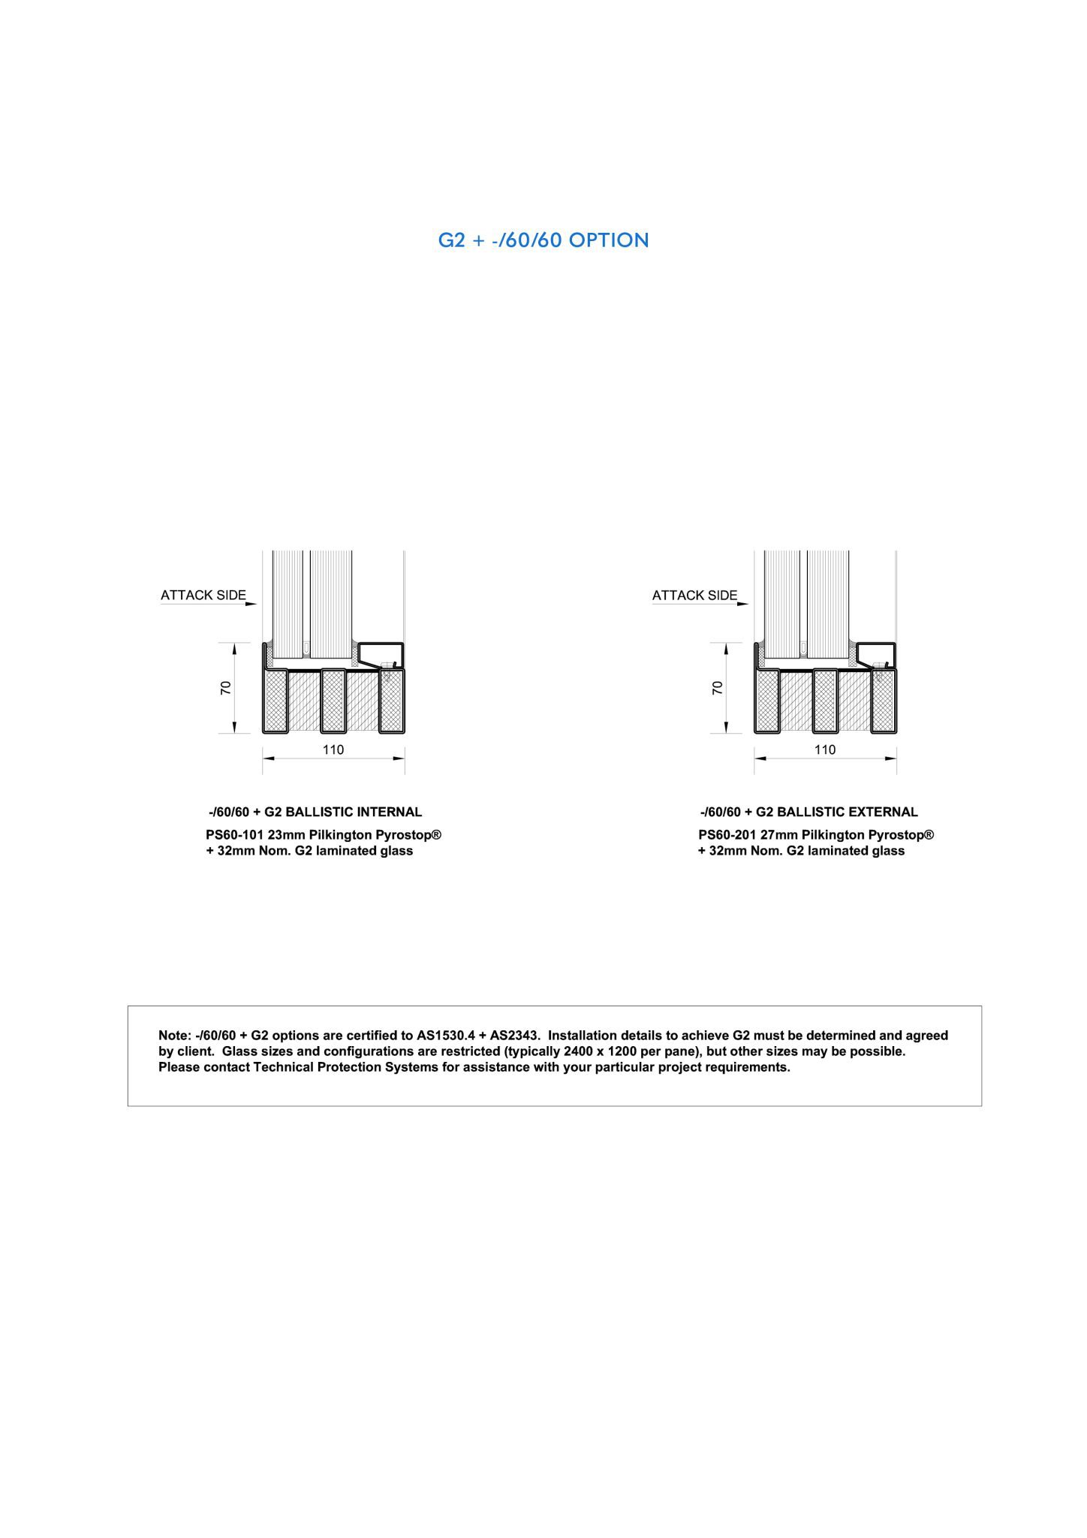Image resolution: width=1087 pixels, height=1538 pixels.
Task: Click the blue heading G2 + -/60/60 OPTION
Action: pos(543,240)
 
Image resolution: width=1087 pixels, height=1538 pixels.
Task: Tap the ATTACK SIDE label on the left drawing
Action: pos(203,596)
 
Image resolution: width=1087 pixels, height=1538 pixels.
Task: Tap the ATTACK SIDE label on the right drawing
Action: pos(694,596)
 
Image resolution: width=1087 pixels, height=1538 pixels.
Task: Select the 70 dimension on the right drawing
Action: pos(718,688)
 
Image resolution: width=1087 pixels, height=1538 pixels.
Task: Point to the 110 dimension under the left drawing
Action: pos(333,749)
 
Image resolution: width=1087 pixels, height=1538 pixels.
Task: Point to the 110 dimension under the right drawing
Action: pos(824,749)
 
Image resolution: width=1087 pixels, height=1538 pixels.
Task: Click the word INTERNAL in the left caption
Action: pos(389,812)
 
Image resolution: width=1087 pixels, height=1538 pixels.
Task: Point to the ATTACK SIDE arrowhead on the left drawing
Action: pos(253,603)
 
